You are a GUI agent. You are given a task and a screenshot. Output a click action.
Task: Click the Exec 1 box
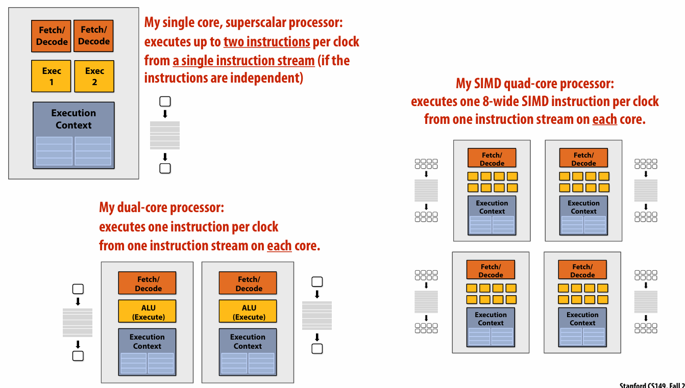pos(51,76)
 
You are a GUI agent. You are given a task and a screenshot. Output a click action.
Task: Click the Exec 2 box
pos(94,76)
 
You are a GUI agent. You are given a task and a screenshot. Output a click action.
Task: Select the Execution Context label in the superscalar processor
pos(74,119)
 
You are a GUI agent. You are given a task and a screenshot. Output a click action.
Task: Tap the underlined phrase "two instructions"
pos(267,42)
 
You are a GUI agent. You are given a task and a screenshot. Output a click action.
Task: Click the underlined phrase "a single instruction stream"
pos(243,61)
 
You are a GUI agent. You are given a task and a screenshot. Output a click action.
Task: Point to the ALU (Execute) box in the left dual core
pos(147,311)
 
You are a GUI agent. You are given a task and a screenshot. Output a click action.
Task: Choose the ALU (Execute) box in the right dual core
pos(248,311)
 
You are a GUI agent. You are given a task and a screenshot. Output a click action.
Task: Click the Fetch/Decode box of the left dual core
pos(147,283)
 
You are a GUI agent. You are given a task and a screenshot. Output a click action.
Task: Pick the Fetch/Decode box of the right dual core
pos(248,283)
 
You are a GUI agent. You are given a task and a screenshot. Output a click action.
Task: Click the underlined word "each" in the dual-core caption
pos(279,246)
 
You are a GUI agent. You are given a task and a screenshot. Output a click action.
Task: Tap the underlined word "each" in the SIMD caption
pos(604,120)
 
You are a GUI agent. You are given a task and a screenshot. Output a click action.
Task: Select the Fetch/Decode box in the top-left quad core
pos(492,159)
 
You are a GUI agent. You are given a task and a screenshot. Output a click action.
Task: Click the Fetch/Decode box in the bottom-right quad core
pos(582,270)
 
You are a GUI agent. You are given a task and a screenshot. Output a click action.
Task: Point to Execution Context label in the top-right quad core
pos(583,207)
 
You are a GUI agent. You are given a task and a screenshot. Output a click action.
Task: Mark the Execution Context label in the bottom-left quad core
pos(491,319)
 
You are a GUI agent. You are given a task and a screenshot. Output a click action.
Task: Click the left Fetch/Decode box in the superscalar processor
pos(52,36)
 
